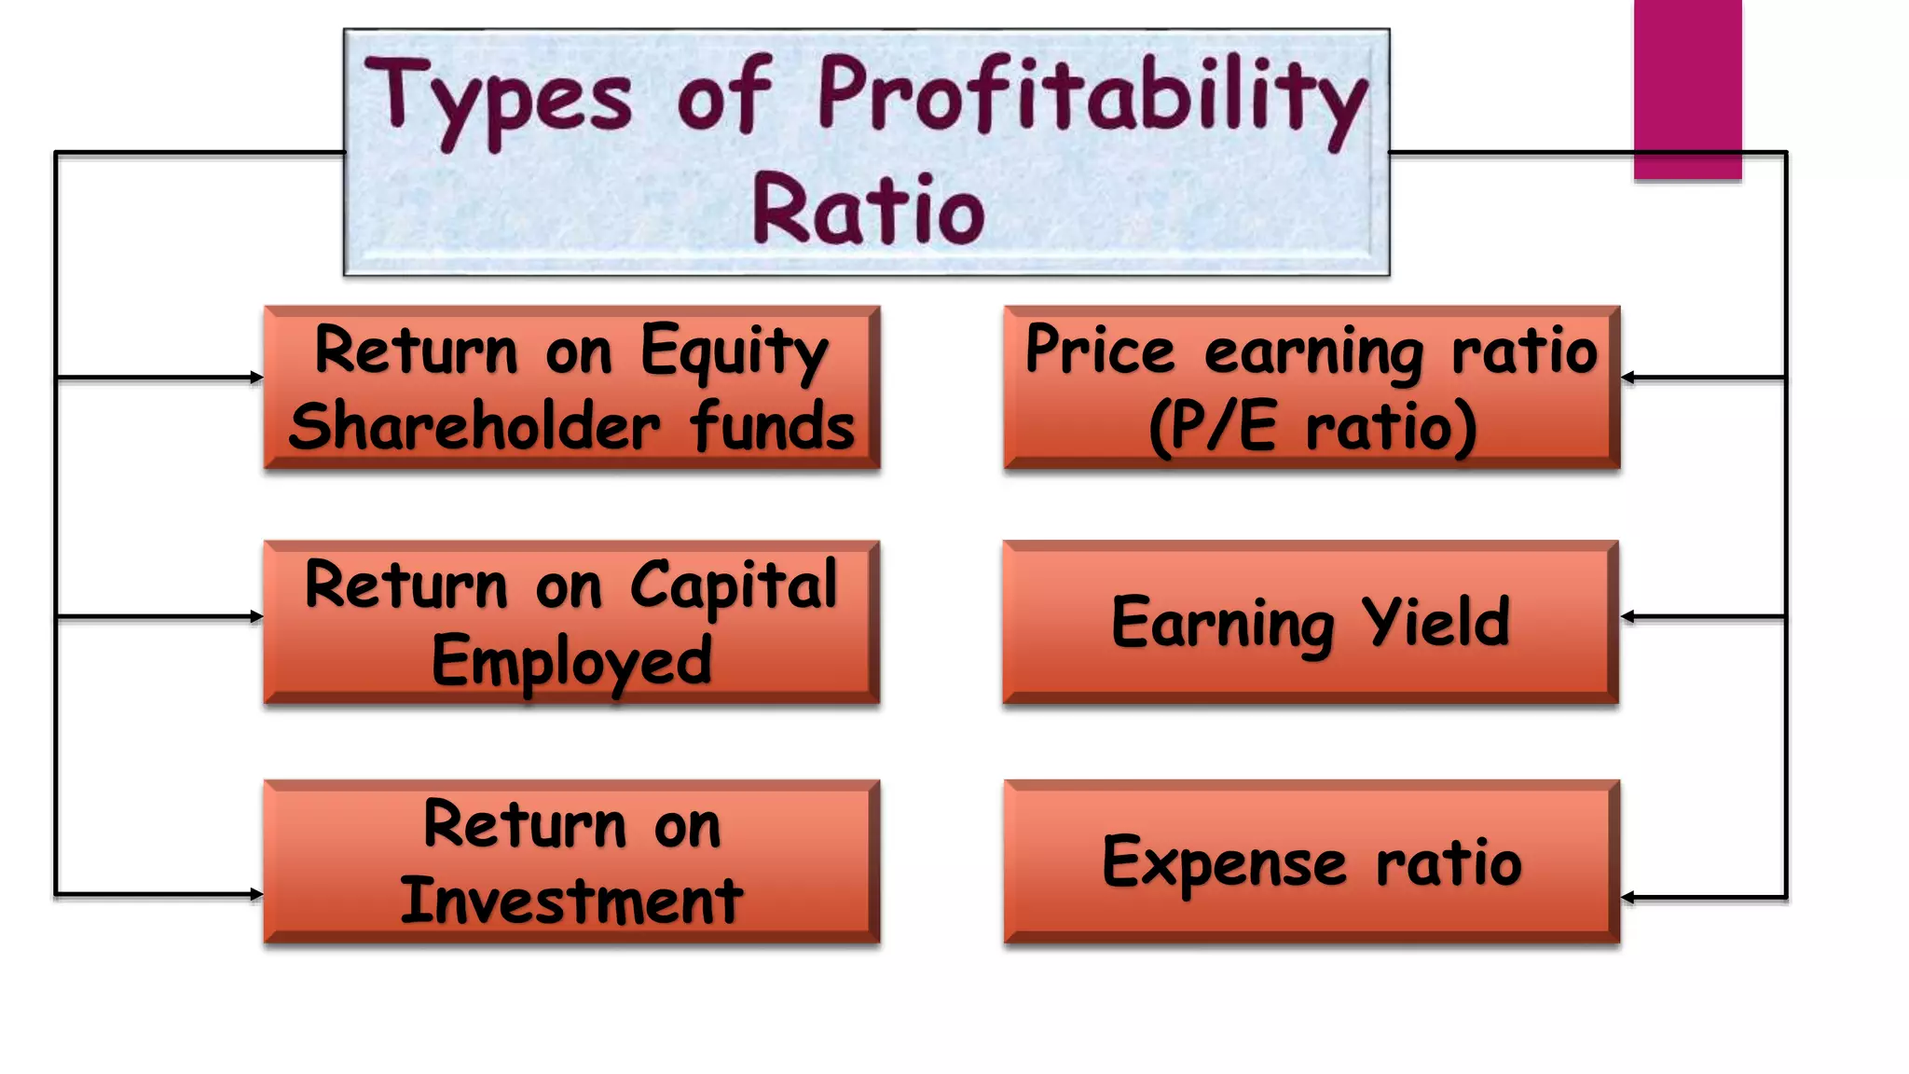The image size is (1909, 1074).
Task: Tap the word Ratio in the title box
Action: coord(868,211)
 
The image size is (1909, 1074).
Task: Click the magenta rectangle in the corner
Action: coord(1687,89)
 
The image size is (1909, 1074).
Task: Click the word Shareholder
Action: coord(474,427)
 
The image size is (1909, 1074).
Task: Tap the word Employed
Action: coord(571,662)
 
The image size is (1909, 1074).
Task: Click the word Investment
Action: coord(571,902)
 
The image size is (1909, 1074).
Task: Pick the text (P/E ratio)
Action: coord(1312,427)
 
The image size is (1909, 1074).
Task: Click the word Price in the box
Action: coord(1100,351)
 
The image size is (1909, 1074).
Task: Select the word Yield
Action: coord(1435,622)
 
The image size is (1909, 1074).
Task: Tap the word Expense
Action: coord(1224,862)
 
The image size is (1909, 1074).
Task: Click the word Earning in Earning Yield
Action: coord(1222,624)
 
